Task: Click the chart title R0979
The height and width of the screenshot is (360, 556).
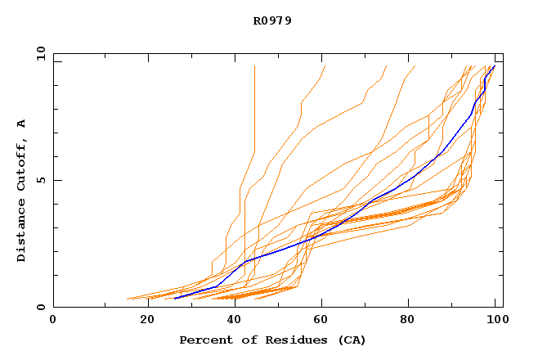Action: (272, 20)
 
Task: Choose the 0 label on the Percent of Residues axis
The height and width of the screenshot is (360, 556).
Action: (53, 320)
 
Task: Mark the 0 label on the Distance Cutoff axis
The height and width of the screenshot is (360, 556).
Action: (39, 308)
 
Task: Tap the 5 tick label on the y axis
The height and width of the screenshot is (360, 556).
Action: (39, 180)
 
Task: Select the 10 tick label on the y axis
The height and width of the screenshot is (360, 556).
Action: (39, 54)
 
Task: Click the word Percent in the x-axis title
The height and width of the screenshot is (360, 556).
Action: (205, 340)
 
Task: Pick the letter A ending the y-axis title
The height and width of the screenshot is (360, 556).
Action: (21, 124)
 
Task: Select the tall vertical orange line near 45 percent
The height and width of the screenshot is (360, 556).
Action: (254, 106)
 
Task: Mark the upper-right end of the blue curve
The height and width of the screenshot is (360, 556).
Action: (494, 66)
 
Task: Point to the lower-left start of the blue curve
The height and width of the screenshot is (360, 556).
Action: (175, 299)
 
